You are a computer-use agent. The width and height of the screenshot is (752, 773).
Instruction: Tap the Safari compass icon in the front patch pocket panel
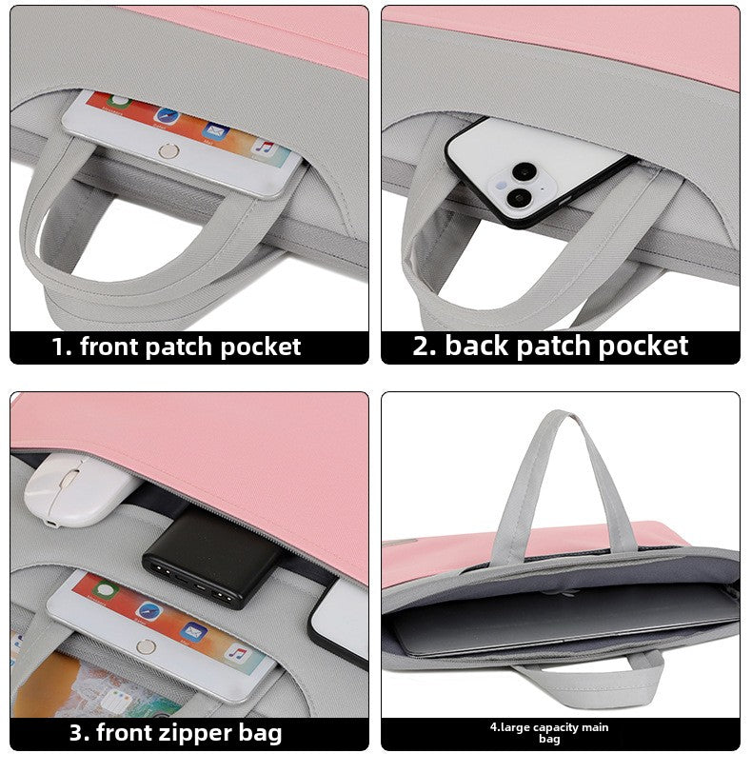pyautogui.click(x=167, y=115)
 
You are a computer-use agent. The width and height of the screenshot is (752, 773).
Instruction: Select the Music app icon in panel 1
pyautogui.click(x=264, y=147)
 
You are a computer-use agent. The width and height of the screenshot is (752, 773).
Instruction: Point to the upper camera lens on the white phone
pyautogui.click(x=523, y=171)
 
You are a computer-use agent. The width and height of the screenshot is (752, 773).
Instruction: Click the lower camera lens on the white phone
pyautogui.click(x=519, y=198)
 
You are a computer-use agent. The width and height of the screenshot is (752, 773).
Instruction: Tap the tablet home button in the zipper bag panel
pyautogui.click(x=145, y=644)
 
